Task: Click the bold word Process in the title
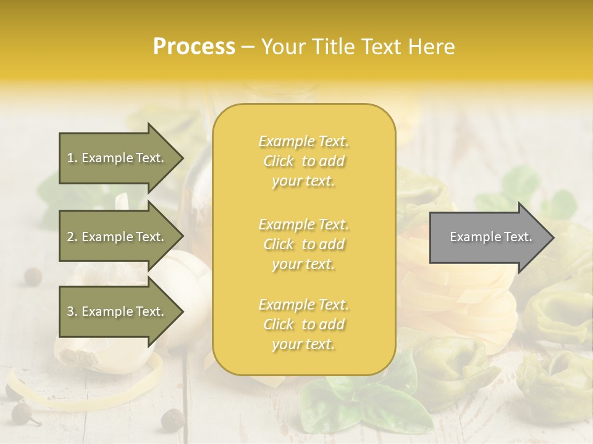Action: [194, 47]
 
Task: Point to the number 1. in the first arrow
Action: [72, 158]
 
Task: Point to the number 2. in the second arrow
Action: [72, 237]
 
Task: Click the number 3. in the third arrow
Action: [72, 311]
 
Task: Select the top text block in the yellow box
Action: [303, 161]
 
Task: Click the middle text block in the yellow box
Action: [303, 244]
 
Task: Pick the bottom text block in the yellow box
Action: [303, 324]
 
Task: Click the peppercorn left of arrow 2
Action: [32, 276]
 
